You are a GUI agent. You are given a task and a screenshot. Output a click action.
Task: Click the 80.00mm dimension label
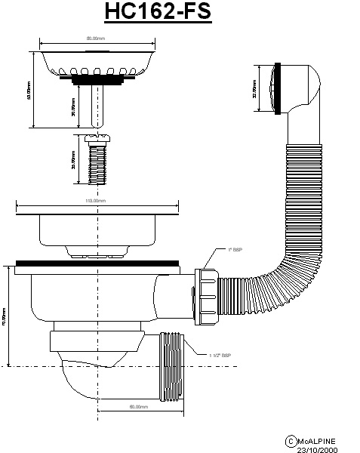95,38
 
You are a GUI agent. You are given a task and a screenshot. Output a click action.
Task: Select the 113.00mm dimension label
95,201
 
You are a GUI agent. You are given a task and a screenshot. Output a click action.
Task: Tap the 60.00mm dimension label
137,407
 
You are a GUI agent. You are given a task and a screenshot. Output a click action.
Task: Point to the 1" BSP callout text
235,248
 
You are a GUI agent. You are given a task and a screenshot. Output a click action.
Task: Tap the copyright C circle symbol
289,440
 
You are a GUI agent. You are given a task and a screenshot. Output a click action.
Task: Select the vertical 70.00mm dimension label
5,313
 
